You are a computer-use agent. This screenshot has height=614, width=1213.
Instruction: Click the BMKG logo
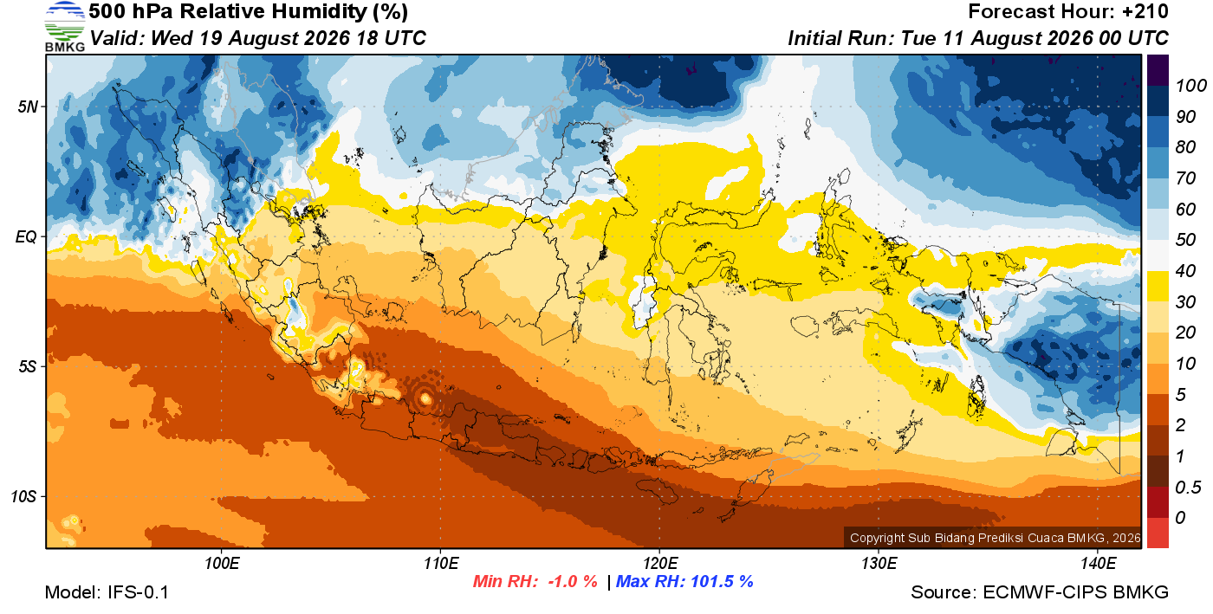[x=64, y=26]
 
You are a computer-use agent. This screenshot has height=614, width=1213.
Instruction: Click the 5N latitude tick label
[x=28, y=107]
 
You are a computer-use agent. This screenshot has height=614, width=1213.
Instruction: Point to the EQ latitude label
[x=26, y=236]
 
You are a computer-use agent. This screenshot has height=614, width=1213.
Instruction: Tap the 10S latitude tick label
[x=23, y=496]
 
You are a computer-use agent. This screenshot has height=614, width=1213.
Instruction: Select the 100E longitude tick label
[x=222, y=563]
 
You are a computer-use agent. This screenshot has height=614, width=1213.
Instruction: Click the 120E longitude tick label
[x=659, y=563]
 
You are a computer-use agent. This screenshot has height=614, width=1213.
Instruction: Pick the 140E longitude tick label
[x=1098, y=563]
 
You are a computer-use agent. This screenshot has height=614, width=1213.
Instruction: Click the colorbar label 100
[x=1190, y=86]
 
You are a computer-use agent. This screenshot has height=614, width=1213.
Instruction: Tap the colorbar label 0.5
[x=1188, y=488]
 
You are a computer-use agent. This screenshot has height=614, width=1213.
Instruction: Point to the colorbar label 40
[x=1185, y=271]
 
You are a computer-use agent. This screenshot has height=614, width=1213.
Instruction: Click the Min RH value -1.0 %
[x=573, y=581]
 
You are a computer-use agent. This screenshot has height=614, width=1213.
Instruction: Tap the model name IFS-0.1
[x=138, y=592]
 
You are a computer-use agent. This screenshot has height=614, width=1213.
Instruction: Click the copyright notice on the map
[x=995, y=538]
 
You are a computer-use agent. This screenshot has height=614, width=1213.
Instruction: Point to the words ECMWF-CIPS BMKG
[x=1075, y=592]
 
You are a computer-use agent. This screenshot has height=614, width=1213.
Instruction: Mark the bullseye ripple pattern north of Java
[x=425, y=398]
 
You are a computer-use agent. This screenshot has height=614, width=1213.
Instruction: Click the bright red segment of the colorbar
[x=1158, y=533]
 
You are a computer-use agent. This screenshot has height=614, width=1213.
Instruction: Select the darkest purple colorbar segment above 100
[x=1158, y=70]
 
